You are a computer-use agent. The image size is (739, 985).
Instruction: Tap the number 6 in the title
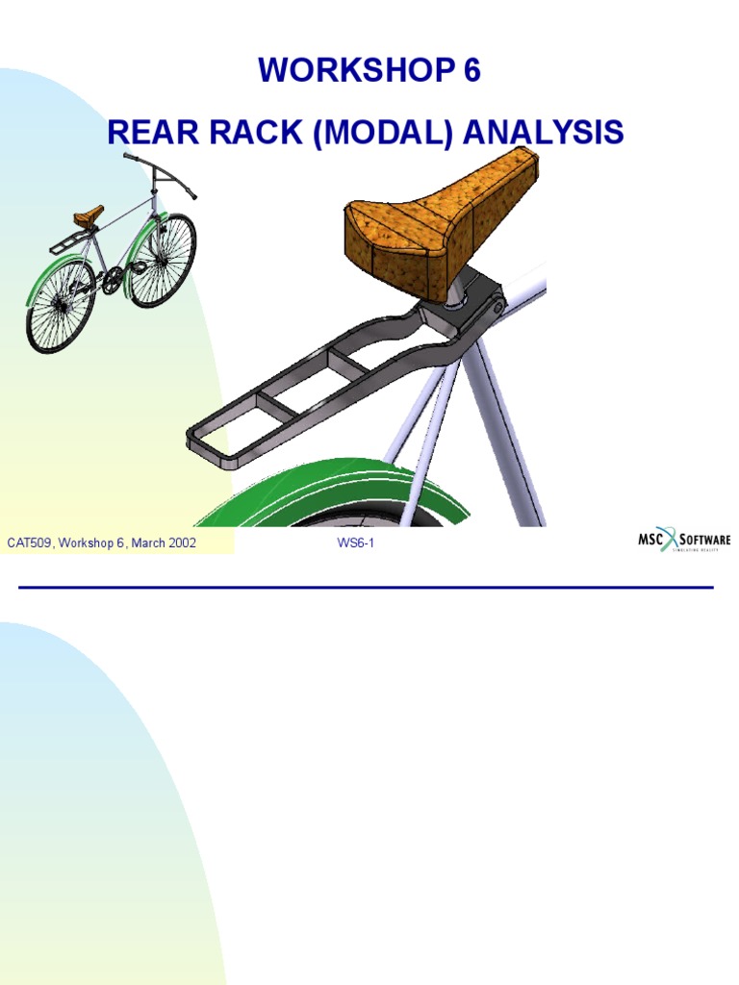tap(471, 72)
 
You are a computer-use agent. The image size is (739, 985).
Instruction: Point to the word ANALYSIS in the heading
tap(543, 132)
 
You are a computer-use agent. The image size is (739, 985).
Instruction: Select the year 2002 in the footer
tap(180, 543)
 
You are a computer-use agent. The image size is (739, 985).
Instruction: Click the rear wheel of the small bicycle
tap(60, 305)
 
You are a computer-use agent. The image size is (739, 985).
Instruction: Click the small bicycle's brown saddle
tap(88, 214)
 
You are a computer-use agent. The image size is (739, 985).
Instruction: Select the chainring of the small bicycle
tap(113, 279)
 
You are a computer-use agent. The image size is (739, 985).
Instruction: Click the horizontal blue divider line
tap(366, 587)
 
